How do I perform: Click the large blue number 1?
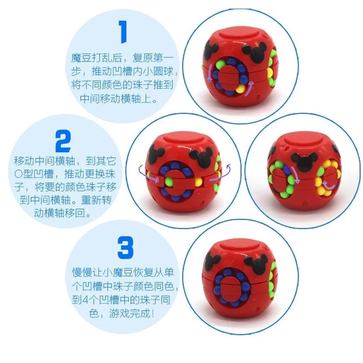pos(123,32)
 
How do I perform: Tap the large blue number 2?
pos(63,140)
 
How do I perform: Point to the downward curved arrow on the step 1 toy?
pos(209,73)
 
